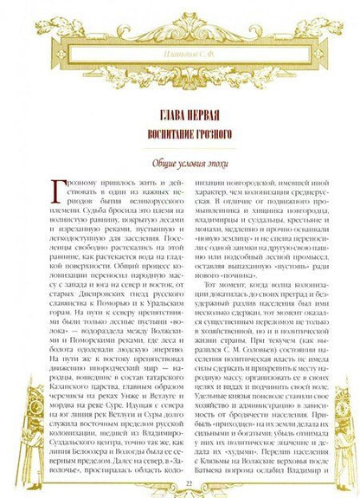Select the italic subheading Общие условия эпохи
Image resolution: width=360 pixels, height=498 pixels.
180,163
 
